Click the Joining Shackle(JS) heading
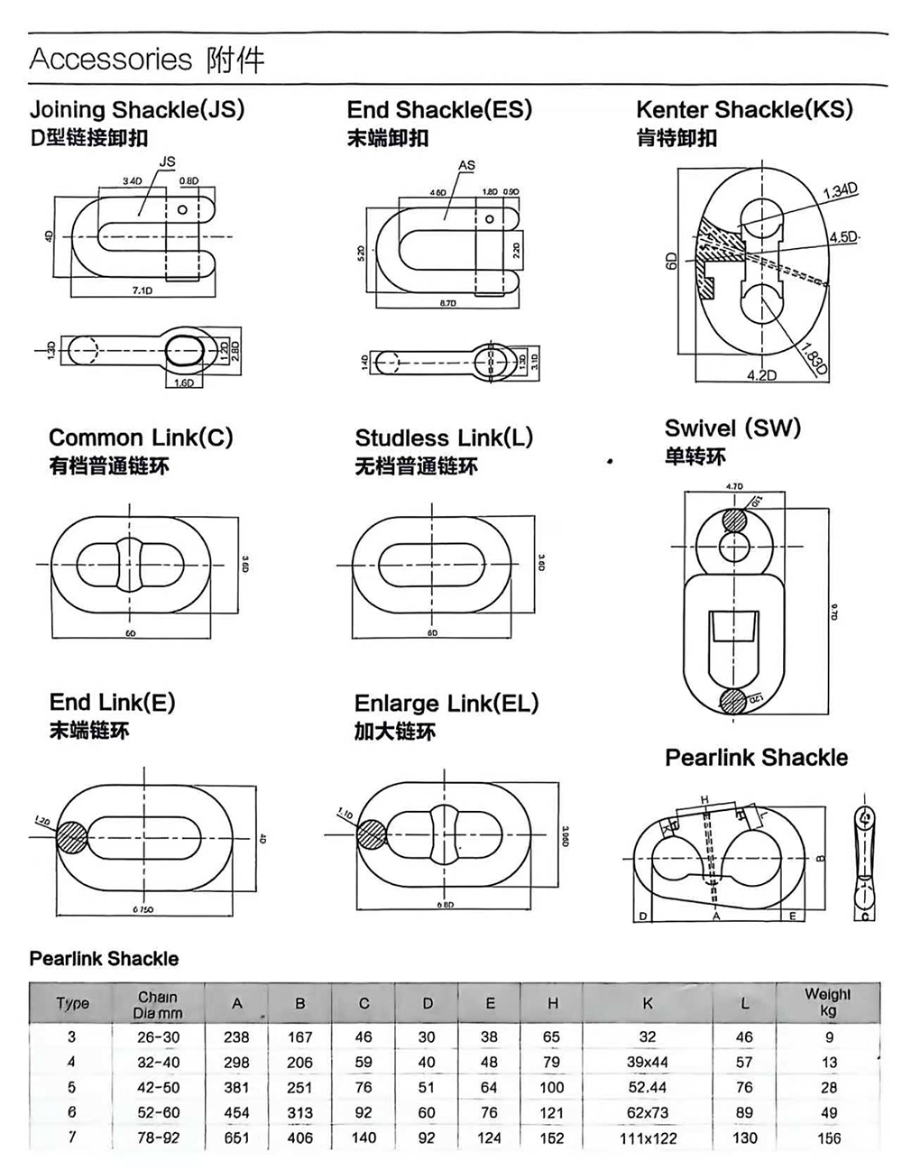tap(137, 110)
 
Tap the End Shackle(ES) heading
tap(439, 110)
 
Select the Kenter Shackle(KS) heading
tap(744, 110)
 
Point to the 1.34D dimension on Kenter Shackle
tap(840, 190)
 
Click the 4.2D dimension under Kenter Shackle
tap(761, 374)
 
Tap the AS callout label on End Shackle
tap(466, 165)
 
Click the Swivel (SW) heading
tap(732, 428)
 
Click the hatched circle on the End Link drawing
tap(69, 837)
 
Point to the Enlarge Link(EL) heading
tap(446, 704)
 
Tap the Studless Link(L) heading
tap(444, 438)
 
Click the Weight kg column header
tap(827, 1002)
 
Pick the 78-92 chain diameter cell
tap(158, 1138)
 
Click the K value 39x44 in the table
tap(648, 1063)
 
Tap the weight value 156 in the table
tap(828, 1138)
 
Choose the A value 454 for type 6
tap(236, 1112)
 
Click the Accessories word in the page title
tap(111, 60)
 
